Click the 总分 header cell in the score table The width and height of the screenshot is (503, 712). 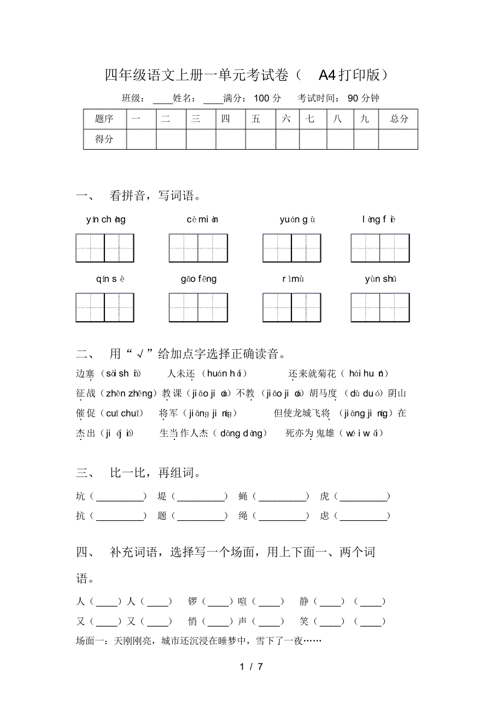399,119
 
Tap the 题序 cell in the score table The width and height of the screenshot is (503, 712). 104,119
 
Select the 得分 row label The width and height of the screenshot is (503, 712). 104,139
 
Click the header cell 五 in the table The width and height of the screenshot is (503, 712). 256,119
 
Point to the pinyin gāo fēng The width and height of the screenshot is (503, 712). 198,279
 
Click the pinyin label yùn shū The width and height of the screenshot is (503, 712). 380,279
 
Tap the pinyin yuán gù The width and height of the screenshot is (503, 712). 297,220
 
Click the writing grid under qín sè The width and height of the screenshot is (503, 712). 105,308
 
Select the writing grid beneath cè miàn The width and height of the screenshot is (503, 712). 198,248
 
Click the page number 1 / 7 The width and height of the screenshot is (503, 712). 251,667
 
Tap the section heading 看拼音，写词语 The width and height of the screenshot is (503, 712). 156,196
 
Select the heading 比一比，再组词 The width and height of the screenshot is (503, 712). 156,473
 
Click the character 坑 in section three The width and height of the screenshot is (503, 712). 81,497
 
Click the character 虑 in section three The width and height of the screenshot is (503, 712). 325,516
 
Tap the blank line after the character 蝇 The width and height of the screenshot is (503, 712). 283,497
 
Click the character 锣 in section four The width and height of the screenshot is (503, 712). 192,602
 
